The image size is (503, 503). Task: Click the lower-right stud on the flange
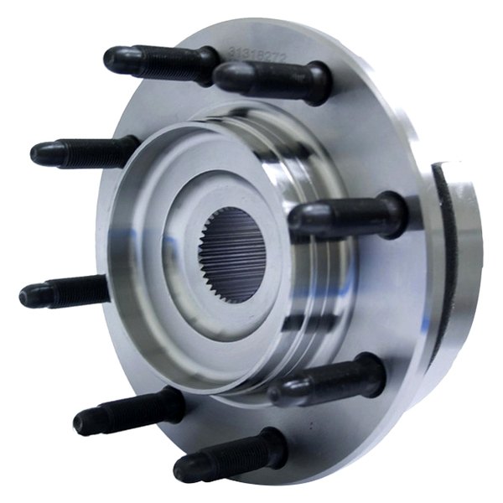(327, 381)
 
